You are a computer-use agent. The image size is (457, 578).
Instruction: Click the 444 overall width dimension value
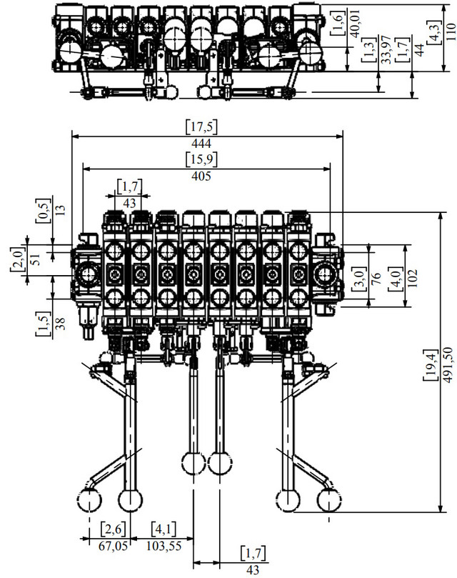click(201, 144)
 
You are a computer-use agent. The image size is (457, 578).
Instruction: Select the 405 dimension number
click(201, 176)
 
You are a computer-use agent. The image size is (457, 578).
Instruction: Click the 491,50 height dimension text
click(447, 365)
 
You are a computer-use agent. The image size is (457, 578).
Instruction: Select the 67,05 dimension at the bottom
click(113, 546)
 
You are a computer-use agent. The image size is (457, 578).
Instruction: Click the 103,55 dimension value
click(164, 546)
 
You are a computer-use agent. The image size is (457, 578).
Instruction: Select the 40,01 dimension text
click(356, 24)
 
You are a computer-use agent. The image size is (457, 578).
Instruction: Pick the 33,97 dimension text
click(386, 50)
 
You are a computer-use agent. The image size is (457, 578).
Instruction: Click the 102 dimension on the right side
click(413, 278)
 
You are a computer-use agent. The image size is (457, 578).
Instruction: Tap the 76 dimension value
click(376, 278)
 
